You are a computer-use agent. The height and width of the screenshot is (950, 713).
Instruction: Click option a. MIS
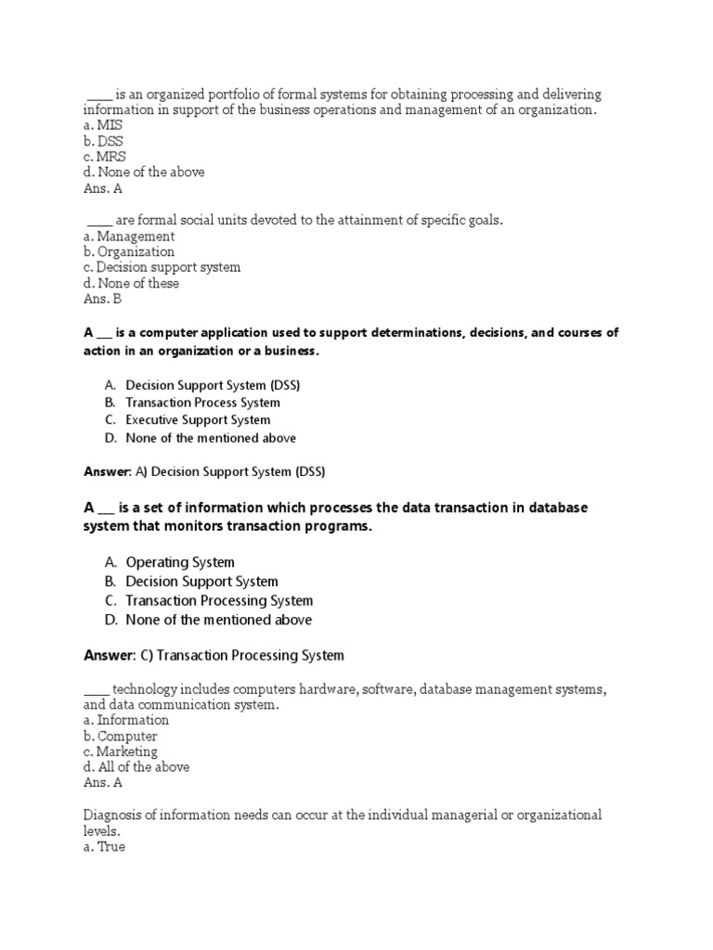[x=102, y=125]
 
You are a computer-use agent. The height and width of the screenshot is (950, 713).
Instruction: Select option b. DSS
[x=102, y=141]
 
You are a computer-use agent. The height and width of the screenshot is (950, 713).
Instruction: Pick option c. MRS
[x=104, y=157]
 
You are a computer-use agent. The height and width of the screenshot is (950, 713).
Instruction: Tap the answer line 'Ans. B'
[x=102, y=300]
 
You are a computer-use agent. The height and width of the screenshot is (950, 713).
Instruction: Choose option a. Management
[x=128, y=237]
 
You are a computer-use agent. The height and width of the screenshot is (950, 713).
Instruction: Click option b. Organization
[x=128, y=251]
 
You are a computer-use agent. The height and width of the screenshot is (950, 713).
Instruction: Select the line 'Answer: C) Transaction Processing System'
[x=214, y=656]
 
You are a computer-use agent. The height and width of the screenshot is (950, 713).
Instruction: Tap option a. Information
[x=125, y=720]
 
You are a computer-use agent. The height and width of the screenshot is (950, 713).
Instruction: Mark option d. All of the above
[x=136, y=767]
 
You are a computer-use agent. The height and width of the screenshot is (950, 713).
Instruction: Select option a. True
[x=104, y=847]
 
